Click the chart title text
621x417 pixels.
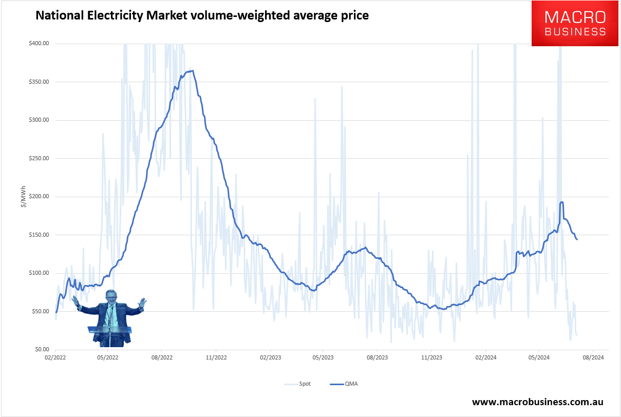click(x=201, y=16)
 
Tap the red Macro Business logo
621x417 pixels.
click(x=575, y=23)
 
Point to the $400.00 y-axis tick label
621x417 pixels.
click(x=39, y=44)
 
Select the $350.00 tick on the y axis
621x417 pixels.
click(x=39, y=82)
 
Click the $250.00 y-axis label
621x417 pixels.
click(x=39, y=158)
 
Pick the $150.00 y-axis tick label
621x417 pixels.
click(x=39, y=235)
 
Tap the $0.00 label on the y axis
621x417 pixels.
click(x=41, y=349)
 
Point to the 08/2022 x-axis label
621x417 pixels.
click(x=161, y=357)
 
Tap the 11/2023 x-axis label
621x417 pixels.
click(x=430, y=357)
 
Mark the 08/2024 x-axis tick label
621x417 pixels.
click(x=592, y=357)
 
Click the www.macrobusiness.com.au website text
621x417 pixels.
click(x=537, y=402)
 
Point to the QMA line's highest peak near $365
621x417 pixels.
click(x=191, y=71)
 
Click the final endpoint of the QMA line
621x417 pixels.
click(x=577, y=239)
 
